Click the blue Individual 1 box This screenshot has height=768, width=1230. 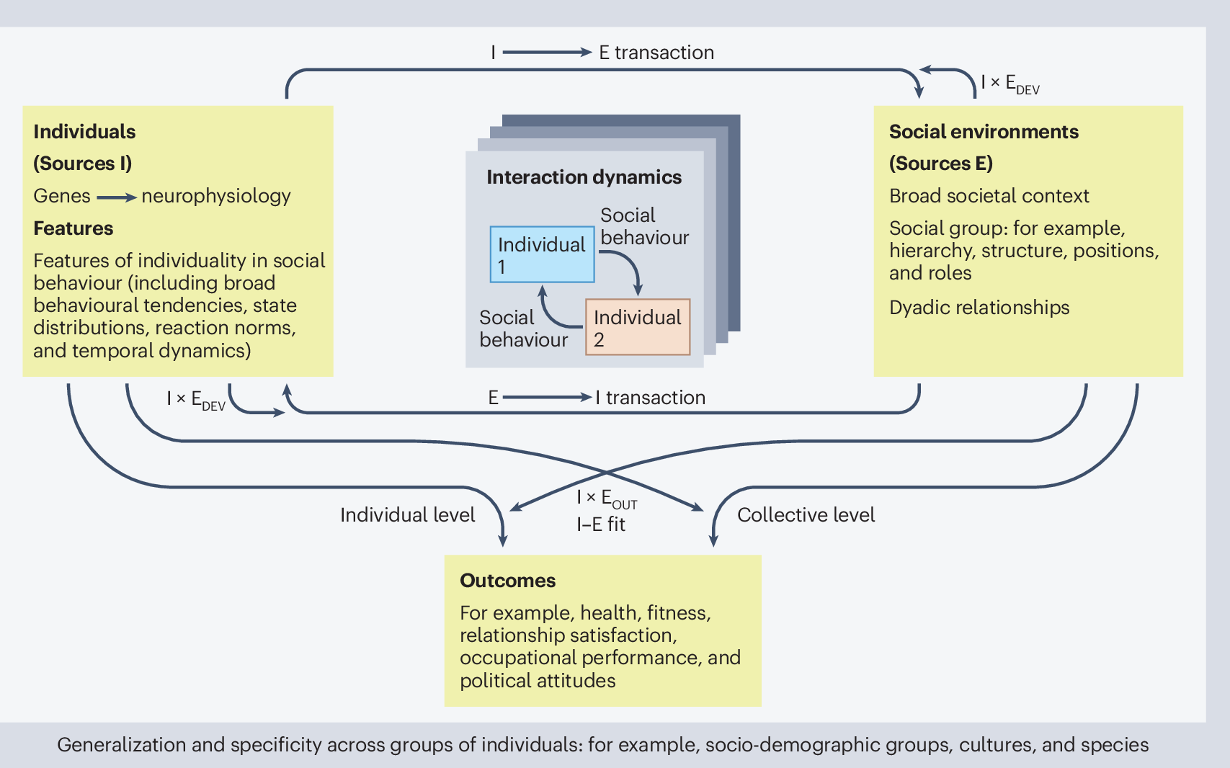coord(542,254)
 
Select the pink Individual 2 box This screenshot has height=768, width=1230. coord(638,328)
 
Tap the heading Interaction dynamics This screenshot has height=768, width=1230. coord(584,177)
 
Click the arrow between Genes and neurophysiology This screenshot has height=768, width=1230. coord(116,197)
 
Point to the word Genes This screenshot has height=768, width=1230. coord(62,196)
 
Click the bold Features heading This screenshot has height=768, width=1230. coord(73,228)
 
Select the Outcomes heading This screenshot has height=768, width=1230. coord(507,581)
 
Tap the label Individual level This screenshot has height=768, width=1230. coord(407,515)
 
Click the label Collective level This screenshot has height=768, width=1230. coord(806,515)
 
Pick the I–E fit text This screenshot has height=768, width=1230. coord(601,524)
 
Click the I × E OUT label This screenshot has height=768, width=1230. coord(607,499)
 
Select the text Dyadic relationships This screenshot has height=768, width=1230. coord(979,308)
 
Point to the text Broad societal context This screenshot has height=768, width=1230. coord(989,196)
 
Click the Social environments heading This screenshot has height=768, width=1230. coord(983,132)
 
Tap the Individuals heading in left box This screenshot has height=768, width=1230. coord(84,132)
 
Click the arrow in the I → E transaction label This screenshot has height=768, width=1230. coord(547,53)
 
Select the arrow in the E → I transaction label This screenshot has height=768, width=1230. coord(547,397)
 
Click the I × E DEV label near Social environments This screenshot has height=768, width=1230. coord(1010,84)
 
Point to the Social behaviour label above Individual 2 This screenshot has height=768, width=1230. coord(644,226)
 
